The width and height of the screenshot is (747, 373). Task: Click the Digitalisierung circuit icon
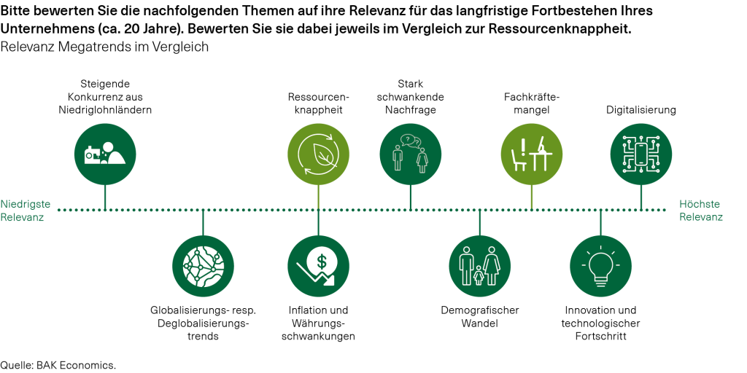641,154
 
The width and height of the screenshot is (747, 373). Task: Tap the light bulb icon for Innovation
600,266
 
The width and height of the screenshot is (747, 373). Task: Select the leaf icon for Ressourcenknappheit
318,154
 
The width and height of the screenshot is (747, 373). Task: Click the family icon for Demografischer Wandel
480,266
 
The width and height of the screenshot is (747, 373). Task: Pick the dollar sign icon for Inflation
318,266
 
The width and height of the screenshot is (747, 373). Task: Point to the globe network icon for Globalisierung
204,266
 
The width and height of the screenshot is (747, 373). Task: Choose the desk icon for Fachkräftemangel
531,154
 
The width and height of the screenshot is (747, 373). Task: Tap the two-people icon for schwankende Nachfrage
410,154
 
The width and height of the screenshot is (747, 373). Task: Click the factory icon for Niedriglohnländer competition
105,154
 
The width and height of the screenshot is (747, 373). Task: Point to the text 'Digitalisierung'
642,110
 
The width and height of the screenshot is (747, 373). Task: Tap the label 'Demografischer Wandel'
479,316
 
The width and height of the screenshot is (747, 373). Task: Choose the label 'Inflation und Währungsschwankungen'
318,323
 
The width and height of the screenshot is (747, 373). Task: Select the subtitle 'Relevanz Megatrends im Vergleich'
105,47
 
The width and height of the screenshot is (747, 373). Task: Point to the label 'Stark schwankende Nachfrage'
411,96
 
